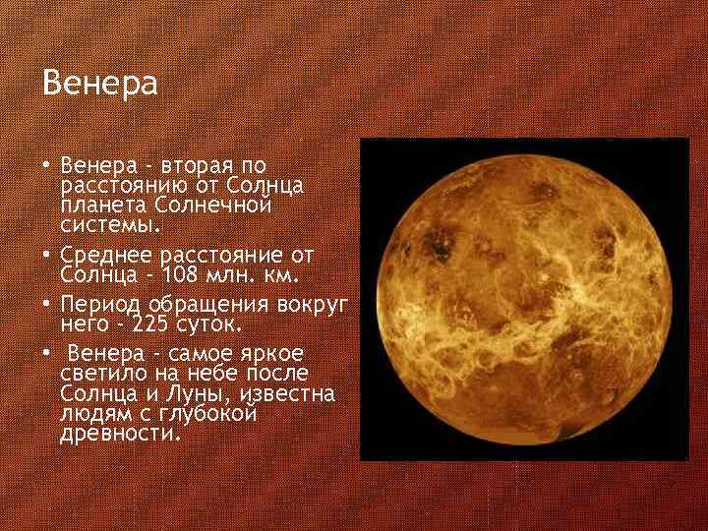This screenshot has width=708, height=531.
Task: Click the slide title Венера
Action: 99,84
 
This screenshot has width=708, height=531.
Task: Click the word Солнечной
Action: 213,206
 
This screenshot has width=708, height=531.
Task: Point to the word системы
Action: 109,226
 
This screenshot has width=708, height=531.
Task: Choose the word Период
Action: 98,303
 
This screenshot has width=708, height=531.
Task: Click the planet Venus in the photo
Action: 525,299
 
